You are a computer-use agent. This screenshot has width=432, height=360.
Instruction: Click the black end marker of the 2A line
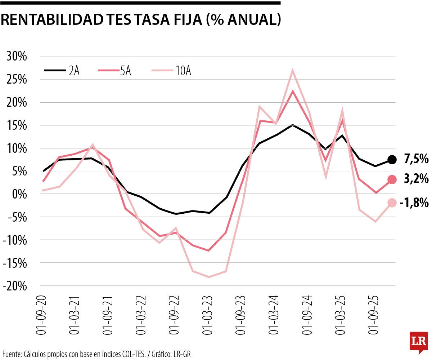392,159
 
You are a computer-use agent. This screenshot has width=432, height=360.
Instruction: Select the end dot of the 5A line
392,179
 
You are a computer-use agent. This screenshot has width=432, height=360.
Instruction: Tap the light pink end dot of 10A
392,203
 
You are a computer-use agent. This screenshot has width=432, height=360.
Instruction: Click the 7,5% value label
416,159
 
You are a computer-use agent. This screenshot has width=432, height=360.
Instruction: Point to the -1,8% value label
414,203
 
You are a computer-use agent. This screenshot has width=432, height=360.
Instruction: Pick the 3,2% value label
416,179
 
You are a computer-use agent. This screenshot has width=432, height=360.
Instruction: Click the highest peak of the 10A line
292,70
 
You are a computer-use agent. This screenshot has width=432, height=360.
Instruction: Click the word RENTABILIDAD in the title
52,20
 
